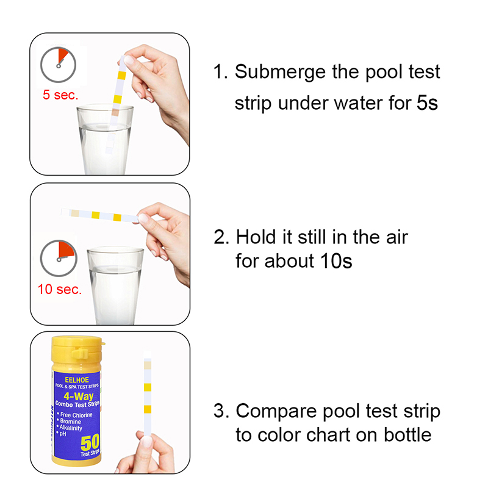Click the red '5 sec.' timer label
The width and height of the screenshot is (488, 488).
click(60, 95)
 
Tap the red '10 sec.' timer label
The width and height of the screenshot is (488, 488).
click(59, 289)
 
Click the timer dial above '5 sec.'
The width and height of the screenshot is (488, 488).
click(58, 65)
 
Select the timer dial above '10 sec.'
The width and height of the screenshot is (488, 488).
click(59, 258)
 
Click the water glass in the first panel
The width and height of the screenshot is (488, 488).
click(105, 140)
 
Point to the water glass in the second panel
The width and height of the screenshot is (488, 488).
click(115, 285)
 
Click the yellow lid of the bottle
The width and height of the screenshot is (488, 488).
click(77, 350)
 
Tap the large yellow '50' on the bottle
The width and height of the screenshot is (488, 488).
click(90, 442)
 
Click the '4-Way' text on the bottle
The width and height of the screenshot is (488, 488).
click(79, 396)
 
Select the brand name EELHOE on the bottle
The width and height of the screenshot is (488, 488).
click(77, 379)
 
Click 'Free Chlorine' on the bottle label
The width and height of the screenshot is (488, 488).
click(76, 415)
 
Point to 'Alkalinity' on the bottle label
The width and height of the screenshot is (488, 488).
click(71, 428)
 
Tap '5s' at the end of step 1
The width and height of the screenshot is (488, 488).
click(428, 102)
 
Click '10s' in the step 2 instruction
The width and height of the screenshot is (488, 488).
click(336, 261)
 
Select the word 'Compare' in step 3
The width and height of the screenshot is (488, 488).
click(276, 412)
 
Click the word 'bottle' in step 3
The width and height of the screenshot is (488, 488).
click(407, 434)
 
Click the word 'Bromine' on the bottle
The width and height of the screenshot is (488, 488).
click(70, 422)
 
